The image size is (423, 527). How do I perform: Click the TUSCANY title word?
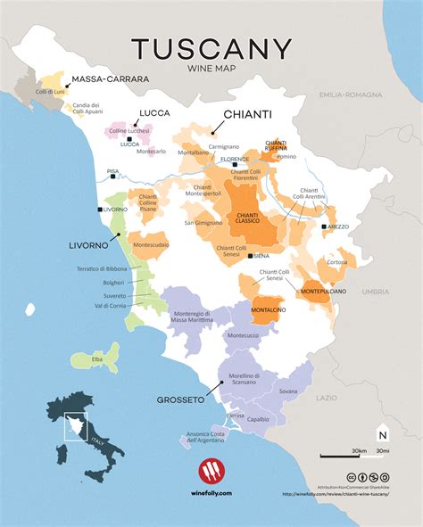pyautogui.click(x=211, y=49)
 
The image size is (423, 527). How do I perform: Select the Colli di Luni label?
pyautogui.click(x=49, y=91)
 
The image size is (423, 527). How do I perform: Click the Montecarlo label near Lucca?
pyautogui.click(x=152, y=151)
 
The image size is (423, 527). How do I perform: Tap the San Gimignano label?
pyautogui.click(x=202, y=222)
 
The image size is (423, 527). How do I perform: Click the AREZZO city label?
pyautogui.click(x=337, y=227)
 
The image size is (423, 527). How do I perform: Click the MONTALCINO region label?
pyautogui.click(x=268, y=309)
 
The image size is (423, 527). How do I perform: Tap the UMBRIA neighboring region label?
pyautogui.click(x=375, y=291)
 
